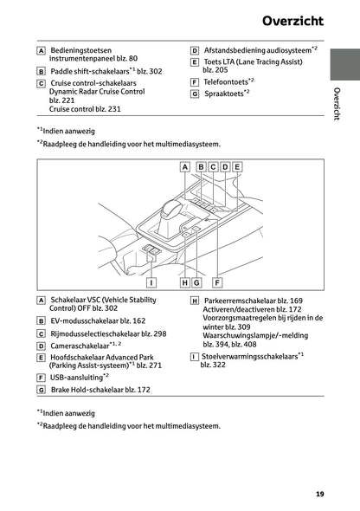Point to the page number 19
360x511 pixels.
click(x=320, y=494)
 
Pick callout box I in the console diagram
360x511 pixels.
click(x=151, y=281)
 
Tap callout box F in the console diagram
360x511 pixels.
click(x=217, y=281)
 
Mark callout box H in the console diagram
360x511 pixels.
click(x=185, y=281)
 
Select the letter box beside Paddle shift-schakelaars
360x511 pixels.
click(x=41, y=71)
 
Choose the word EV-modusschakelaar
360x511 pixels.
click(x=83, y=320)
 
